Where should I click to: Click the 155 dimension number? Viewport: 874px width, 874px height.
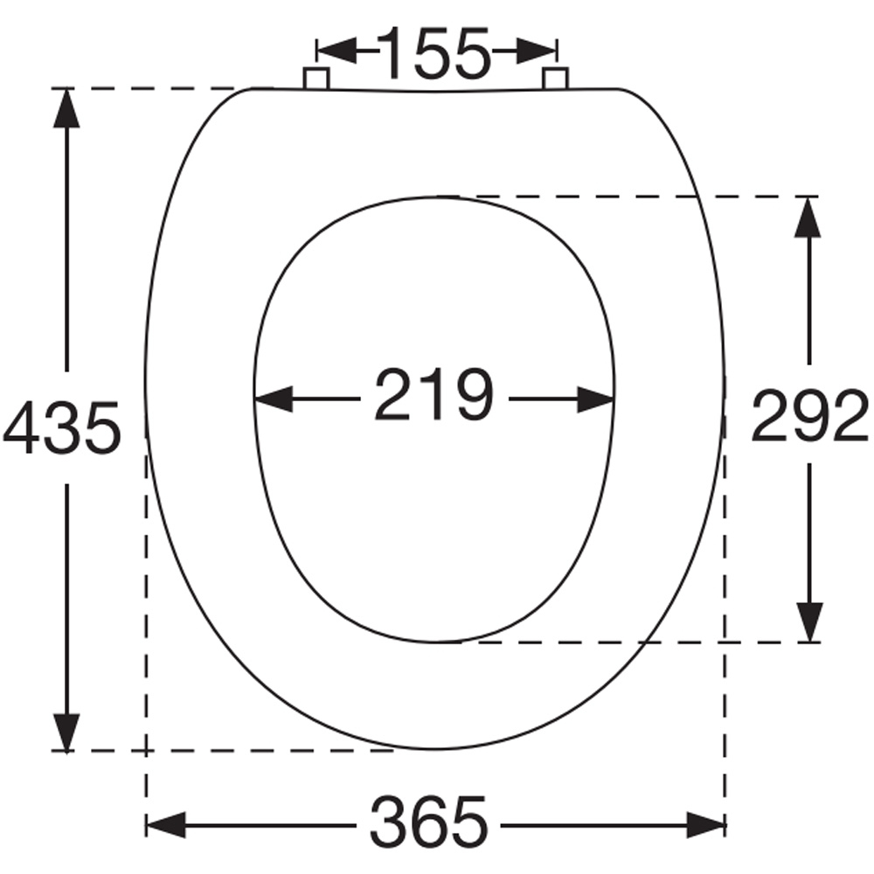tap(435, 52)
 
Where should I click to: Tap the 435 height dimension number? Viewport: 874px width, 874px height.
tap(61, 428)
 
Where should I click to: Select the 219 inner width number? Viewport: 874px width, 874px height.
tap(434, 395)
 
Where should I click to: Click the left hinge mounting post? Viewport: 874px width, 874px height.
tap(316, 79)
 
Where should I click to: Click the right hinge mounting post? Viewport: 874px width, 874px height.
tap(555, 79)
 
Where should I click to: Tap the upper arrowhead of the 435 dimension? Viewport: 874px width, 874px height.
tap(66, 109)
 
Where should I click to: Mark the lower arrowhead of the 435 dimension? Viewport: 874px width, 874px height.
tap(66, 731)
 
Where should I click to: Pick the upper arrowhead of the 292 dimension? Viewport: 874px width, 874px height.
tap(809, 216)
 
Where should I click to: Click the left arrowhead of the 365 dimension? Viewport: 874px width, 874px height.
tap(166, 824)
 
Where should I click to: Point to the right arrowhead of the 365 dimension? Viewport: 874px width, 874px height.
tap(705, 824)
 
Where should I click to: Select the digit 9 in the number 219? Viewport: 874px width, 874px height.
tap(473, 395)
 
